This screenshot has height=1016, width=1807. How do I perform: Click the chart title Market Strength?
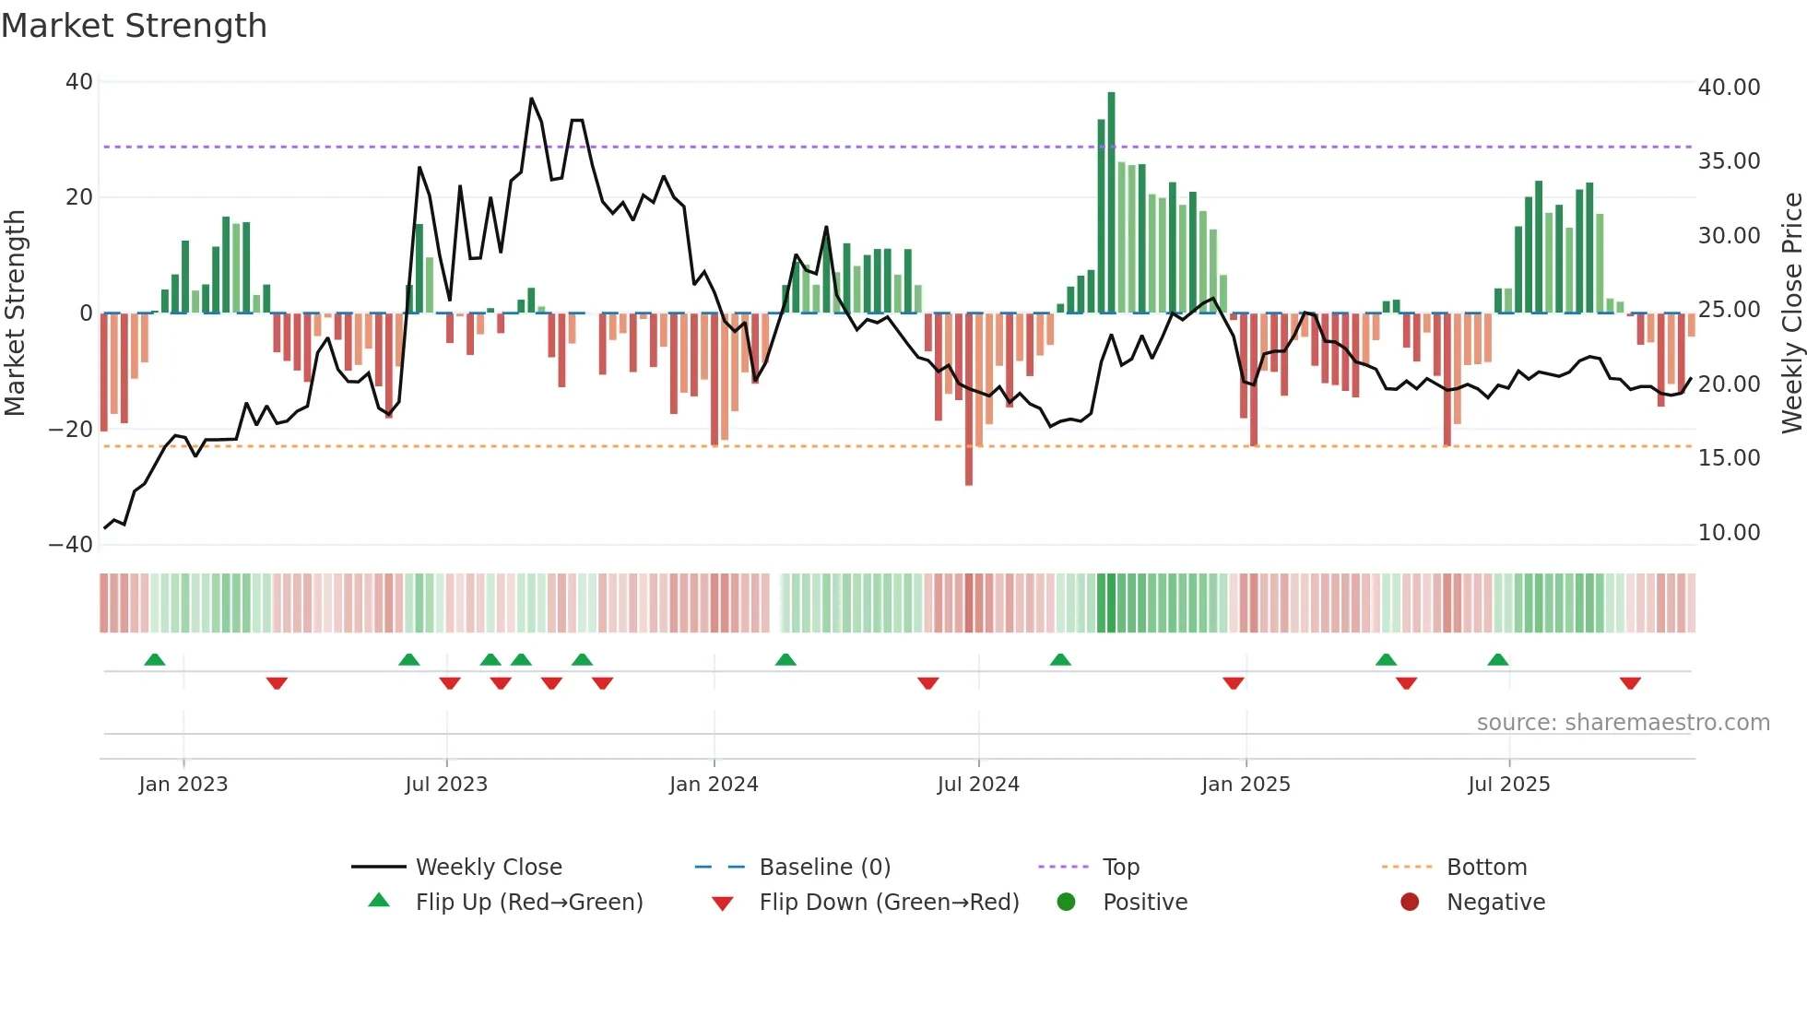coord(134,26)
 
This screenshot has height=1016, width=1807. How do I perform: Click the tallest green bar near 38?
coord(1111,203)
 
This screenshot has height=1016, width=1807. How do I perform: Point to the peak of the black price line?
coord(532,99)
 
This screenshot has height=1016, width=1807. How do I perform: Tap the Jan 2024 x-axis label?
coord(714,785)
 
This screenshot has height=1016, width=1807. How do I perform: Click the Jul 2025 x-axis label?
coord(1509,785)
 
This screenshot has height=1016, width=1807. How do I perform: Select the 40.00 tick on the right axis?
coord(1729,88)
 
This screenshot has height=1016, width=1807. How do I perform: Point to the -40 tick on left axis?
coord(71,545)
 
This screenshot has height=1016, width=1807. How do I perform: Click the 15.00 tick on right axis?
coord(1729,458)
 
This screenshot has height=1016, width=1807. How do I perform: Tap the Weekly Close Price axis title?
coord(1791,313)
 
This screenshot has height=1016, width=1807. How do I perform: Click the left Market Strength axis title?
coord(15,313)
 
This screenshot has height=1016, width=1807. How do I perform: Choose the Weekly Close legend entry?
coord(489,868)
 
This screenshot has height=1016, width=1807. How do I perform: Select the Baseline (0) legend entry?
coord(824,868)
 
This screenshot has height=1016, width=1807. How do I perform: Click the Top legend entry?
coord(1120,868)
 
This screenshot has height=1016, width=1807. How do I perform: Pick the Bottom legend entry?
coord(1486,868)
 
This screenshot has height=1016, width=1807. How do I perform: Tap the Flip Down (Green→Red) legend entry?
coord(889,903)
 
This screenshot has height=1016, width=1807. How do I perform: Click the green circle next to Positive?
coord(1067,903)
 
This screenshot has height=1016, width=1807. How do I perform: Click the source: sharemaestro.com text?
coord(1623,723)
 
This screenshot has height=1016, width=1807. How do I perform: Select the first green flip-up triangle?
coord(155,660)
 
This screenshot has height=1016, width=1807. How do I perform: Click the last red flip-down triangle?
coord(1630,683)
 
